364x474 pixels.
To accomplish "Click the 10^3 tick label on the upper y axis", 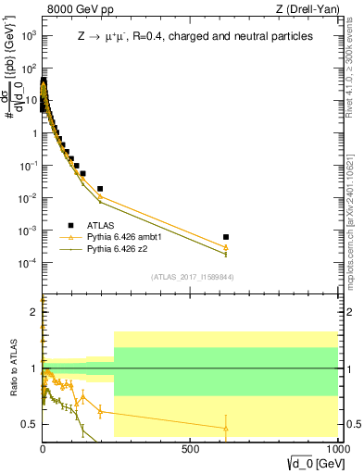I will (x=29, y=35).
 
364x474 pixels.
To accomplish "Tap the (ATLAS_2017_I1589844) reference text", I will (x=193, y=277).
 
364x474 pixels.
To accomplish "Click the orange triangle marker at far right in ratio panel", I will (x=226, y=427).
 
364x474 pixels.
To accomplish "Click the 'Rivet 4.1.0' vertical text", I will (x=355, y=69).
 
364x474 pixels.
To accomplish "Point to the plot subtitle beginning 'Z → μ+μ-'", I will (x=195, y=36).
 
